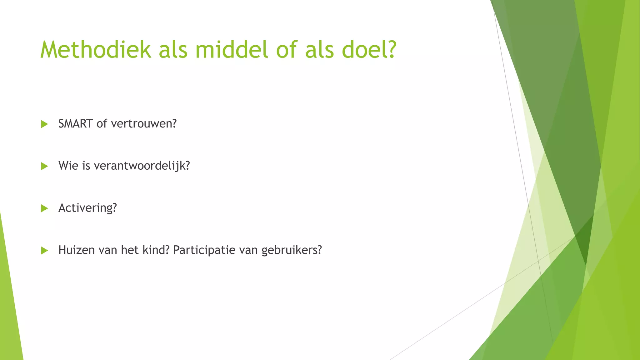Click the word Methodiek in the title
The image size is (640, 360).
pos(96,50)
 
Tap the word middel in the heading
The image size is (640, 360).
pos(232,50)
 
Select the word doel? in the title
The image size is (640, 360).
pos(369,50)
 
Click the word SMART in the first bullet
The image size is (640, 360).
pos(75,124)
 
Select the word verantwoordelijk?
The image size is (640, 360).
pos(142,166)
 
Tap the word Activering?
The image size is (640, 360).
pos(87,208)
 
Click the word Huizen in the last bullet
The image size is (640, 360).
pos(76,250)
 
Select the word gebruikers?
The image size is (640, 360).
pos(292,250)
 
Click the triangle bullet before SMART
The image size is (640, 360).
pos(44,124)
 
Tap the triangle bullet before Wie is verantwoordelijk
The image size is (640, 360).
pos(44,166)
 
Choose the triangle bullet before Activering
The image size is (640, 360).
pos(44,208)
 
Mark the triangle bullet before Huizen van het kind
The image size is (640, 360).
pos(44,250)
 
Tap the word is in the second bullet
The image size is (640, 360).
pos(86,166)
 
